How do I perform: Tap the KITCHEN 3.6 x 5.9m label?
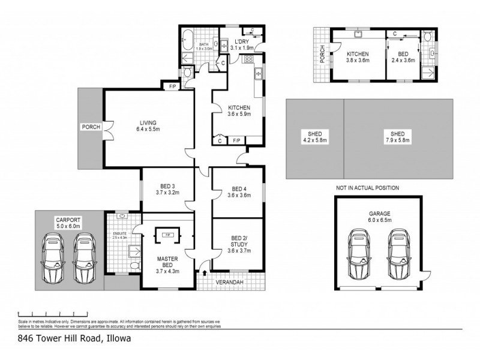tap(238, 111)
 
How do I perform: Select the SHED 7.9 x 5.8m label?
tap(398, 138)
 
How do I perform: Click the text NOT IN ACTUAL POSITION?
tap(367, 188)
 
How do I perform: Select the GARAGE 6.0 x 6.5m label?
tap(380, 217)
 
